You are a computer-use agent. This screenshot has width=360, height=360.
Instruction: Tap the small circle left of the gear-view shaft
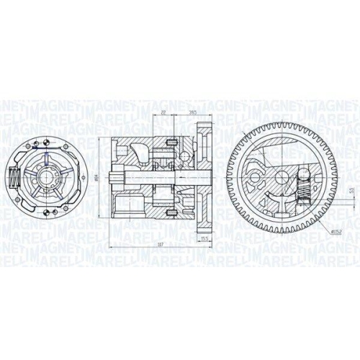253,176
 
